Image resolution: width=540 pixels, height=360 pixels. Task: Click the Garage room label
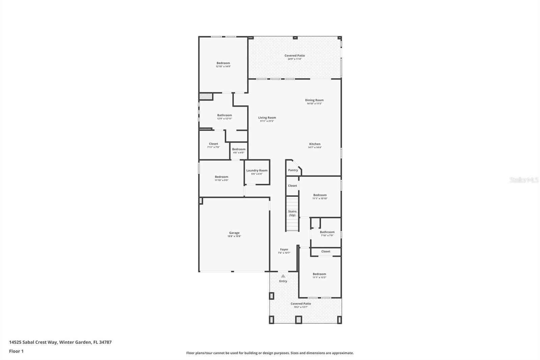click(234, 233)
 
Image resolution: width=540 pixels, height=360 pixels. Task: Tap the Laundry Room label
click(257, 171)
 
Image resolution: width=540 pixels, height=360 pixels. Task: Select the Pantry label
click(293, 170)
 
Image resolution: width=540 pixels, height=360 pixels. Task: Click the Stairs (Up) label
click(292, 213)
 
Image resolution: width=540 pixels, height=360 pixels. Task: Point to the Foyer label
click(284, 250)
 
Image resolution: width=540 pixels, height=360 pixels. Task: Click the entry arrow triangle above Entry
click(283, 276)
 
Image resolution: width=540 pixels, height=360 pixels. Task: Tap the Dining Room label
click(314, 100)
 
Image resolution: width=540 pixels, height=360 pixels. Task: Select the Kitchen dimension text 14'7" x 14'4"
click(315, 148)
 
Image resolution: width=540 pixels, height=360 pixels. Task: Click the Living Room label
click(267, 118)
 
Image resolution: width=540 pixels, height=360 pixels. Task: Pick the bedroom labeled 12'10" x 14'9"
click(223, 63)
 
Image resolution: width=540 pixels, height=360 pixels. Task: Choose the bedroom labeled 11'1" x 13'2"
click(319, 274)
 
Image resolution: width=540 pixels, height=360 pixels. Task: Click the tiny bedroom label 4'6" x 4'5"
click(239, 149)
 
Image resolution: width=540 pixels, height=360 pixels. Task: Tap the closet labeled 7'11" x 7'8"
click(213, 144)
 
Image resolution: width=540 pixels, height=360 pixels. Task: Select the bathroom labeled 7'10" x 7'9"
click(327, 232)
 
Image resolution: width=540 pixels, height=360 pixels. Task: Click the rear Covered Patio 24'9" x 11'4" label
click(295, 56)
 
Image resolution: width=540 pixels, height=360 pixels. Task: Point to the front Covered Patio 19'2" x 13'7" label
click(301, 304)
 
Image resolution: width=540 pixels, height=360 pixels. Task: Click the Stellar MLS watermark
click(524, 180)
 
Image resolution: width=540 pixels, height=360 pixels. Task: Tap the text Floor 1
click(16, 351)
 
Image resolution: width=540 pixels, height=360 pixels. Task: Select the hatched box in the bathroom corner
click(205, 97)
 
